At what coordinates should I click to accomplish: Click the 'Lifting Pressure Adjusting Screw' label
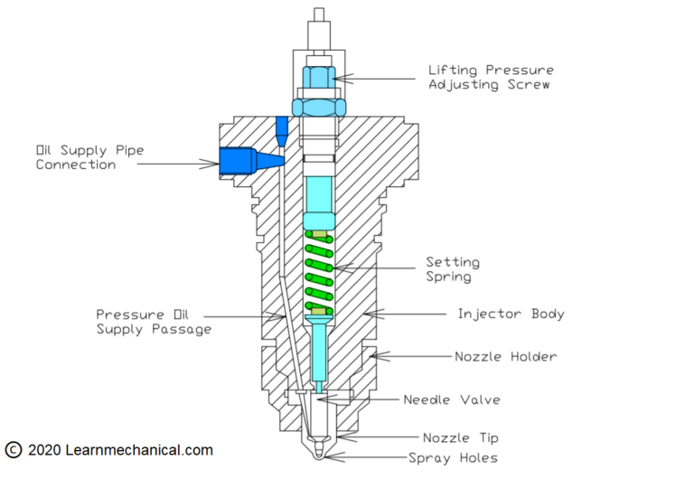pyautogui.click(x=492, y=77)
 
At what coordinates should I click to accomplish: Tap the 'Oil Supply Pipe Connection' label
pyautogui.click(x=76, y=156)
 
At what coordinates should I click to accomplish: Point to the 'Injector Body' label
pyautogui.click(x=511, y=314)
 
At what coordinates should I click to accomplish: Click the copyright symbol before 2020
pyautogui.click(x=13, y=450)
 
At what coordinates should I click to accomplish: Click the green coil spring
pyautogui.click(x=319, y=271)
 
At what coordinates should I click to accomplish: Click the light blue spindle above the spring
pyautogui.click(x=320, y=194)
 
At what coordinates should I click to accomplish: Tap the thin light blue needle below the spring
pyautogui.click(x=320, y=352)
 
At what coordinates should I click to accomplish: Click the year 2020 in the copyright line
pyautogui.click(x=45, y=450)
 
